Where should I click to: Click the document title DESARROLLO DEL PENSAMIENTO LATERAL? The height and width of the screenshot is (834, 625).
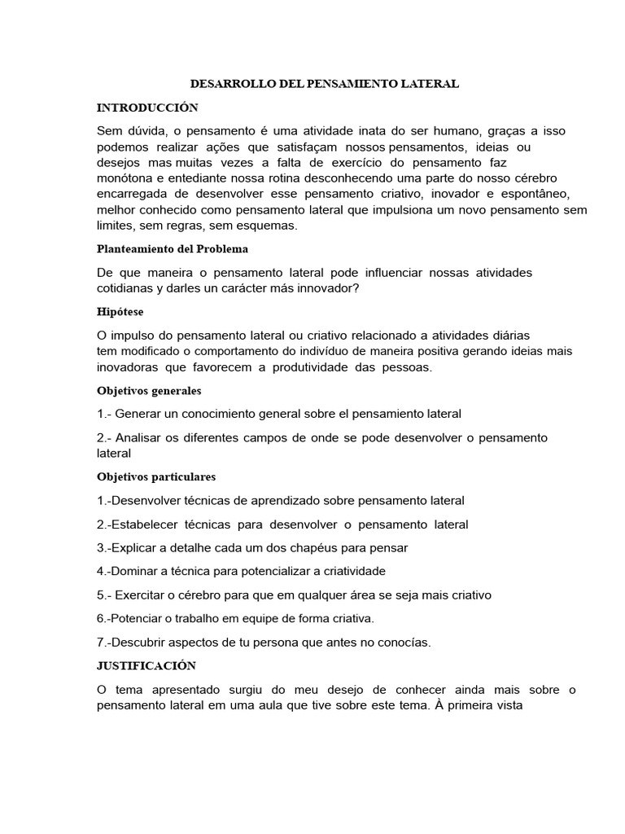(325, 84)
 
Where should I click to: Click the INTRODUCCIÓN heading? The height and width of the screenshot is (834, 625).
(147, 108)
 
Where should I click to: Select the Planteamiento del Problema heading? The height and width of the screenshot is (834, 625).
(173, 248)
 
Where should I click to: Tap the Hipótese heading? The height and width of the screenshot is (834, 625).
(120, 311)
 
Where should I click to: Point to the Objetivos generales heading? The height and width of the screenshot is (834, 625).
(149, 390)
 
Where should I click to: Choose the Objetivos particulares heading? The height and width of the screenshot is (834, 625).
(156, 476)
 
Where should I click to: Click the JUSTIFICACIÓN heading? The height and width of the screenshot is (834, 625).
(146, 665)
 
